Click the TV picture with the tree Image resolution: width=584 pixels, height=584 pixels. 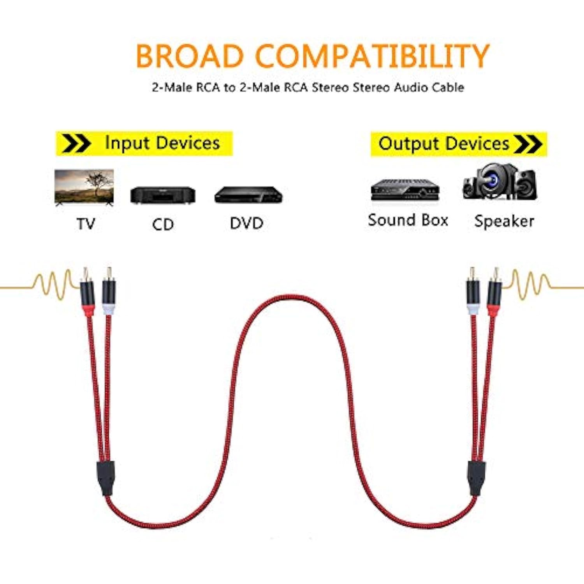pos(84,187)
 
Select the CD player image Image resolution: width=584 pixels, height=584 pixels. pos(163,195)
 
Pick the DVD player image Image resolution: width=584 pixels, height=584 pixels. pos(248,195)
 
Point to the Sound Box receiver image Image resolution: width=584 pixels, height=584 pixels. pos(405,190)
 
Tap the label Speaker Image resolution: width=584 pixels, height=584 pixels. pos(504,221)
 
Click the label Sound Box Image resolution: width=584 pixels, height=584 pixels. pos(408,220)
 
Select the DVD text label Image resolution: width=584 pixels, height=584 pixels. pos(246,223)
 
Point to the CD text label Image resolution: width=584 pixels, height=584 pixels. pos(163,224)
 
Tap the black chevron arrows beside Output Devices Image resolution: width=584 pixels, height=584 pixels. pos(528,144)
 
